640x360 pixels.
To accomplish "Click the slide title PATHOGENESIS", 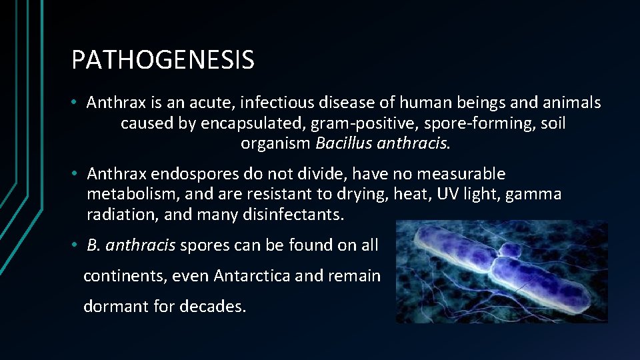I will tap(163, 60).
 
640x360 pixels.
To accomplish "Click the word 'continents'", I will tap(125, 276).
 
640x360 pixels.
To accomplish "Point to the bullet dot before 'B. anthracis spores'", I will tap(78, 245).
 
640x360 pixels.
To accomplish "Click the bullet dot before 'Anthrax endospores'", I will tap(78, 175).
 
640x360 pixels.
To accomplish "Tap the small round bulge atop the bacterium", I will tap(509, 251).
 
